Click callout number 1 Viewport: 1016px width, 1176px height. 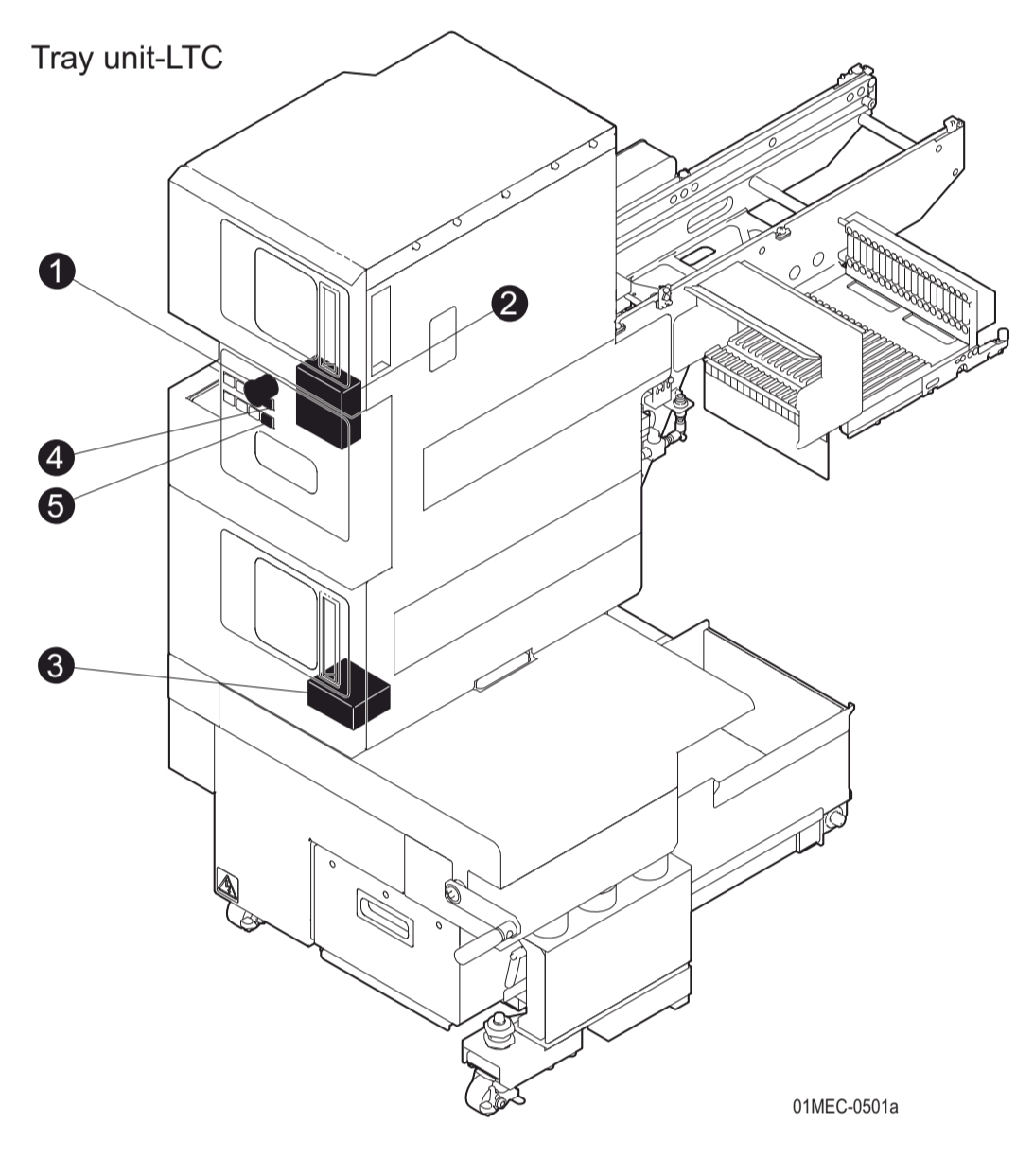(58, 272)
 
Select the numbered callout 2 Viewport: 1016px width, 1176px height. (509, 303)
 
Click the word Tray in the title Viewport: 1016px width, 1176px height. (64, 58)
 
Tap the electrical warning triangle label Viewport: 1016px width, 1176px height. (227, 886)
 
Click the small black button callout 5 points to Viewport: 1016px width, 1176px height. (268, 420)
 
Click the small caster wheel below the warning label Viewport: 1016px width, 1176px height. (244, 918)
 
